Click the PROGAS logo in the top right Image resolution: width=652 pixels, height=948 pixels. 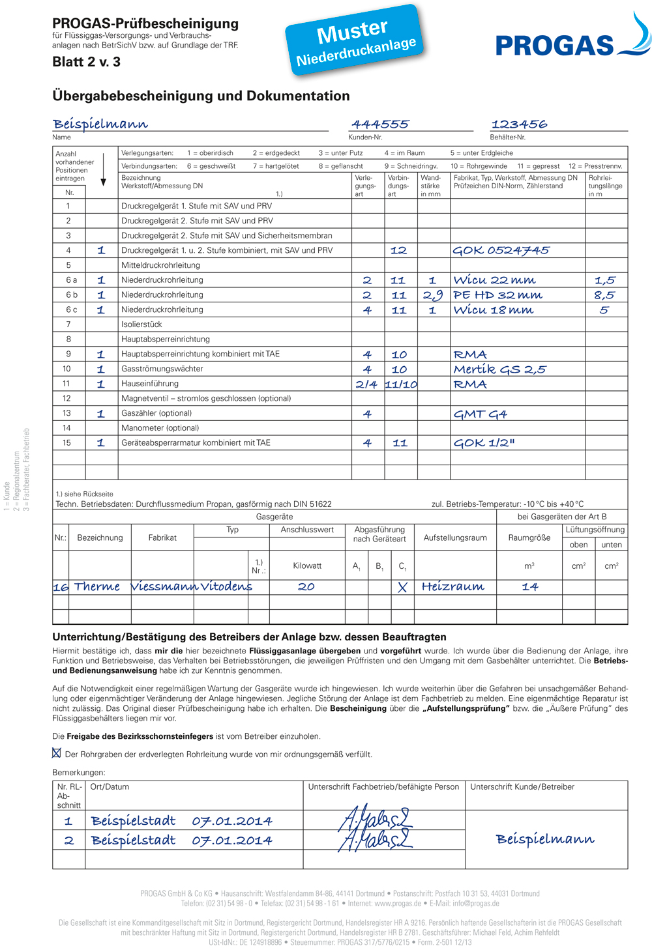pos(572,40)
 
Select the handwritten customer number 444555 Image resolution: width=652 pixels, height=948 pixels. pos(380,124)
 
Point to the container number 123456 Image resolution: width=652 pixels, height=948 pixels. pos(519,124)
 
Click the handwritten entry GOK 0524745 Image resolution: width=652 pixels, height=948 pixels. pos(501,250)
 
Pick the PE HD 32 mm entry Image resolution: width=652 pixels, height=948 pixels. pos(497,295)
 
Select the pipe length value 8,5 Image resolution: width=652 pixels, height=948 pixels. pos(604,295)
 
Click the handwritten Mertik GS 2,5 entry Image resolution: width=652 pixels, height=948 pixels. pos(499,369)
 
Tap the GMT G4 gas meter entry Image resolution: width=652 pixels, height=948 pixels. pos(480,414)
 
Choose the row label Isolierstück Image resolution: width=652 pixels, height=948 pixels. pos(141,324)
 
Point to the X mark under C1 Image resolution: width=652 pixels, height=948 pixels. pos(402,587)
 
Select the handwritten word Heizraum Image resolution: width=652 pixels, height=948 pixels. pos(452,587)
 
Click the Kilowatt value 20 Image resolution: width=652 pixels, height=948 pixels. pos(306,587)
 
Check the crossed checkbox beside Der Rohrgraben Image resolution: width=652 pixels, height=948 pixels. pos(57,753)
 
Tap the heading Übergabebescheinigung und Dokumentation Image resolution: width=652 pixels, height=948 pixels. pos(201,96)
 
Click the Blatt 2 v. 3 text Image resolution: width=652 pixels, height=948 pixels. pos(86,62)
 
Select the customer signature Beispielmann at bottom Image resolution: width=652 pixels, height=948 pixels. pos(545,839)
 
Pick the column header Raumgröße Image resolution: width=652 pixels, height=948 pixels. pos(529,538)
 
